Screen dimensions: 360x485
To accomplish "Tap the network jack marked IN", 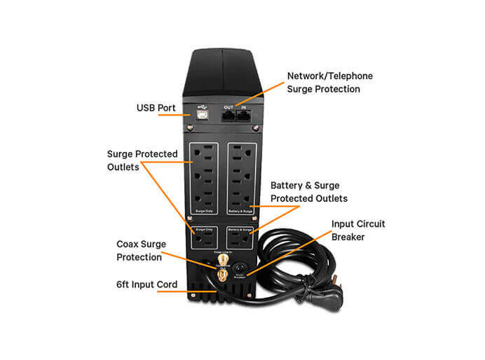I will point(243,117).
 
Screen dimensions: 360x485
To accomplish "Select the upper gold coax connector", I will point(224,261).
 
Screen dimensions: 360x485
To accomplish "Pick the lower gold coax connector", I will point(224,277).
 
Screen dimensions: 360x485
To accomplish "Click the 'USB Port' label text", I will point(156,109).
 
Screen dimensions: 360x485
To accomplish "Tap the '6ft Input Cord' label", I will point(147,284).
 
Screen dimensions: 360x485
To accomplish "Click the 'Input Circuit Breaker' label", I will point(357,230).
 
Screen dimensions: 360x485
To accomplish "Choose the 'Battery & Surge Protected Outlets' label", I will point(308,192).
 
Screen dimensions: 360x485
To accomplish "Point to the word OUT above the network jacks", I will point(228,107).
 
